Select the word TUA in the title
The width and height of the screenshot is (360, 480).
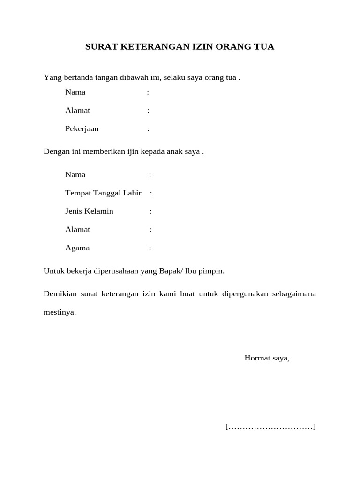pyautogui.click(x=264, y=47)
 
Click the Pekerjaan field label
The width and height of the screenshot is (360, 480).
pyautogui.click(x=82, y=129)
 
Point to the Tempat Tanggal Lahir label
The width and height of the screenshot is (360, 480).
pyautogui.click(x=103, y=193)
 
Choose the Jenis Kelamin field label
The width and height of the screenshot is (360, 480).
pyautogui.click(x=89, y=211)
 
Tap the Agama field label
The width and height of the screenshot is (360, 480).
pyautogui.click(x=77, y=248)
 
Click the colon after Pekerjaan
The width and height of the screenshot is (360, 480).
pyautogui.click(x=149, y=129)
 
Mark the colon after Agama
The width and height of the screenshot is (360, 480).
pyautogui.click(x=150, y=248)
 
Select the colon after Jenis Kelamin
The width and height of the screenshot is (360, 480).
pyautogui.click(x=150, y=211)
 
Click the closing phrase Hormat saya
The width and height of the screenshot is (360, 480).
pyautogui.click(x=267, y=359)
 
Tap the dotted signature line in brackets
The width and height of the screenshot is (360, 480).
pyautogui.click(x=270, y=427)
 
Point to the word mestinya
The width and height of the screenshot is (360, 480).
pyautogui.click(x=60, y=312)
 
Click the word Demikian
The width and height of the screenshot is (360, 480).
pyautogui.click(x=60, y=294)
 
